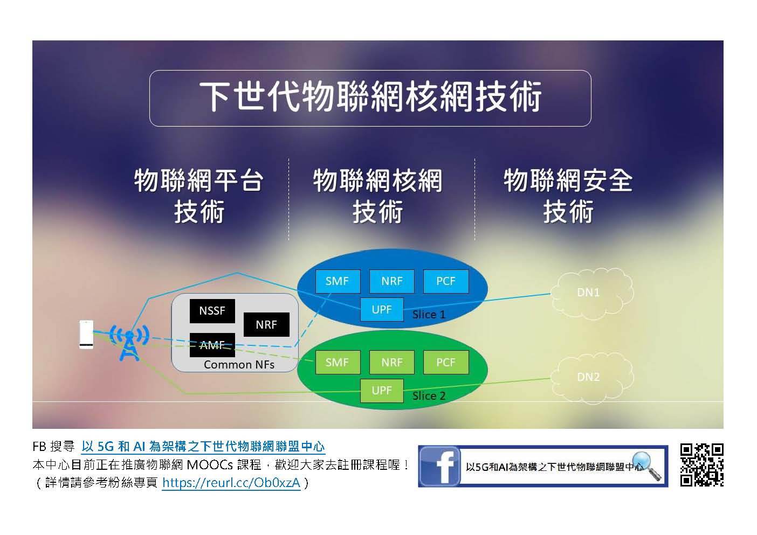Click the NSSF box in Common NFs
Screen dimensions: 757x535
212,311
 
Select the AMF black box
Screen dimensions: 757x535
212,345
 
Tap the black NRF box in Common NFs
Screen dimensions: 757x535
266,324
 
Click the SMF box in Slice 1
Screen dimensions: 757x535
338,281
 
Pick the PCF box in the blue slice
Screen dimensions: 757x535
446,281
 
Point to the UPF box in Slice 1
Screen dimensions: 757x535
382,309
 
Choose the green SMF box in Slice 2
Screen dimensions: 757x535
338,363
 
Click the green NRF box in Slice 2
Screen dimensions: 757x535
392,363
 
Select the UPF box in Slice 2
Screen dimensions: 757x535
382,391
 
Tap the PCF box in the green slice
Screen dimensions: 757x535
446,363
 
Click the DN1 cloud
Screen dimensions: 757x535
592,294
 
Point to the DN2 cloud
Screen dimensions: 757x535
592,378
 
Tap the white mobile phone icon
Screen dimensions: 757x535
86,335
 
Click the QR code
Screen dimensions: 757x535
702,465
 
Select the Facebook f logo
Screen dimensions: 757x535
439,467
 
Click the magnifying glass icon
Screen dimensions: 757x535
646,465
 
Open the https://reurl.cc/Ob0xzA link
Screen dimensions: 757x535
231,483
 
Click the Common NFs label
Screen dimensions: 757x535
239,365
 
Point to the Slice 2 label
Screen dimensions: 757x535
429,396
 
